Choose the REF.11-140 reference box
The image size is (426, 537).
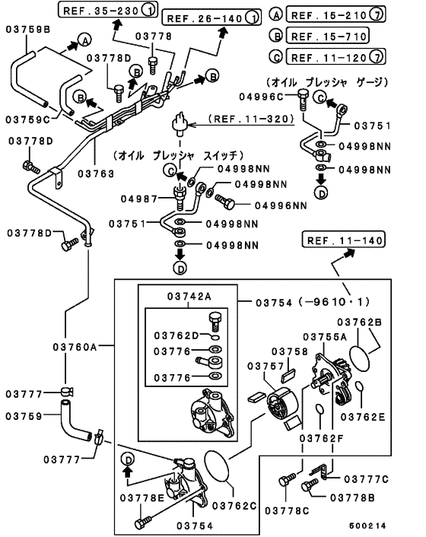pyautogui.click(x=342, y=241)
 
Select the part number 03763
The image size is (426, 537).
pyautogui.click(x=96, y=173)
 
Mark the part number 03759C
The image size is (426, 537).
pyautogui.click(x=29, y=119)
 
